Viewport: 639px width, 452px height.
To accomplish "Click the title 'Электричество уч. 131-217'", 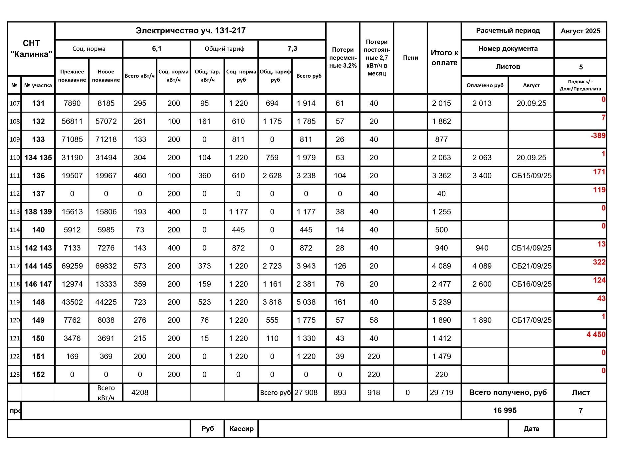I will coord(190,31).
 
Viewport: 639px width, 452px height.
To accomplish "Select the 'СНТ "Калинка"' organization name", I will coord(31,49).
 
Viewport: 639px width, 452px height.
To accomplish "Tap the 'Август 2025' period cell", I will coord(580,31).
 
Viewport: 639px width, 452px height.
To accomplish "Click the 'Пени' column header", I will coord(410,58).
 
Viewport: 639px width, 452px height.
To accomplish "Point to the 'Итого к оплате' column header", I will coord(444,58).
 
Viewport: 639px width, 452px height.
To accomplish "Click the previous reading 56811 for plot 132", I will coord(72,121).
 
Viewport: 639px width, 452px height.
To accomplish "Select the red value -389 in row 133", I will coord(598,136).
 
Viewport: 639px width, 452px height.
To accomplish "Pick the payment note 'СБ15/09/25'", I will coord(531,176).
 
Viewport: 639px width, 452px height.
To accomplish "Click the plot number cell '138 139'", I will coord(38,212).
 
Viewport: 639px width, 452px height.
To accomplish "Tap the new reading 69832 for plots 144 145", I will coord(106,266).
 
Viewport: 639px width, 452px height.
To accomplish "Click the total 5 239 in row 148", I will coord(441,302).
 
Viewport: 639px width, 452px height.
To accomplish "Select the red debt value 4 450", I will coord(596,334).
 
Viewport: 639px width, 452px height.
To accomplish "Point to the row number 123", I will coord(15,374).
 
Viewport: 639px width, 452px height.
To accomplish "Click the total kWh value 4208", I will coord(140,392).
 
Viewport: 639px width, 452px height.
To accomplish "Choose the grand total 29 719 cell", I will coord(441,392).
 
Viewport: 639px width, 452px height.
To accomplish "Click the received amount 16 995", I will coord(505,410).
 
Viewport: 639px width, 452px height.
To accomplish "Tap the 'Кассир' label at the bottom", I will coord(241,429).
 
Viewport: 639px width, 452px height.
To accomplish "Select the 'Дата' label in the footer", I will coord(531,429).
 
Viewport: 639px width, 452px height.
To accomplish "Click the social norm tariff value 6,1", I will coord(156,49).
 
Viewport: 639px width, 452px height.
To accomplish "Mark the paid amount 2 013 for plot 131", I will coord(482,103).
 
